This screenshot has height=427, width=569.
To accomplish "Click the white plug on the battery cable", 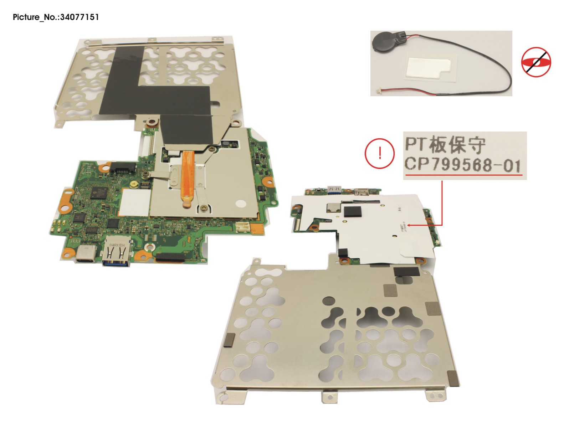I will [x=376, y=92].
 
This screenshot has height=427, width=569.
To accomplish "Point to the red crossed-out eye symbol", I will [x=536, y=62].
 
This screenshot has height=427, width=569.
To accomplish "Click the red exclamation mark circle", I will [x=380, y=153].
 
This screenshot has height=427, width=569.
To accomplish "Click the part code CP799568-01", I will [x=462, y=165].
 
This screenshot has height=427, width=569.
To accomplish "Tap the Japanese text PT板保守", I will [x=445, y=144].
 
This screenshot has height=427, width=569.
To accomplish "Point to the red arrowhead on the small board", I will [x=409, y=225].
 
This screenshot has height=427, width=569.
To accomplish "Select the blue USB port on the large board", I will [x=116, y=254].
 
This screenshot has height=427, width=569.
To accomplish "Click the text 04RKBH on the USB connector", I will [x=117, y=245].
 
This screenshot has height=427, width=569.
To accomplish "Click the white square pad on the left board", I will [x=134, y=202].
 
